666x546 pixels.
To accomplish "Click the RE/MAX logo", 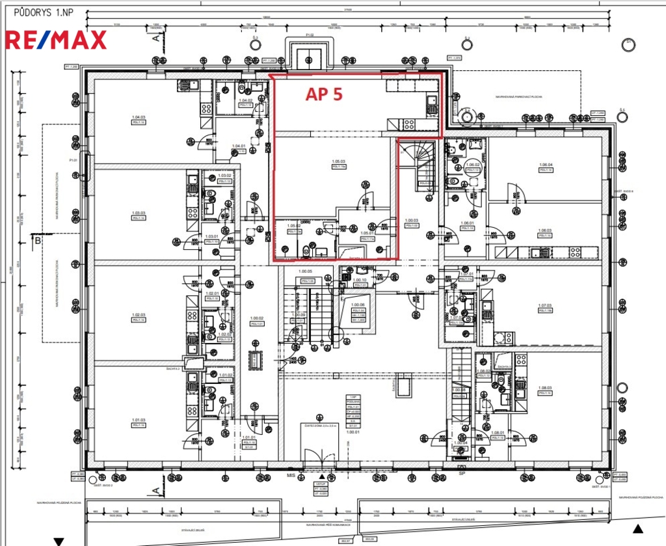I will point(55,40).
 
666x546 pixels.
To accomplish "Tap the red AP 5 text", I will point(324,94).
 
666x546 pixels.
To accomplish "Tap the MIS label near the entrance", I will point(291,476).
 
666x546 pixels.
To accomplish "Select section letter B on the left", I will point(38,241).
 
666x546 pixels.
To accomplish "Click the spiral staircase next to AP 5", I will point(418,163).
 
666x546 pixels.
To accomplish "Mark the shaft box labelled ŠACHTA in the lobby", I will point(404,387).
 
